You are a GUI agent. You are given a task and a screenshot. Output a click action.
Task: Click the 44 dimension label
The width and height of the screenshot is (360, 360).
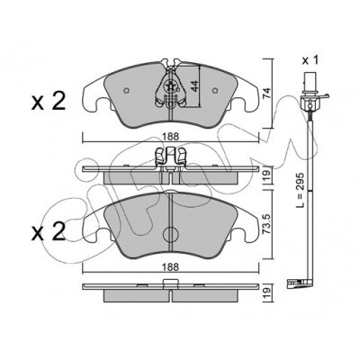pyautogui.click(x=194, y=86)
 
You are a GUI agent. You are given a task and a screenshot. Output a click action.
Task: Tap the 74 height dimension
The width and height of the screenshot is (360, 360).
pyautogui.click(x=266, y=94)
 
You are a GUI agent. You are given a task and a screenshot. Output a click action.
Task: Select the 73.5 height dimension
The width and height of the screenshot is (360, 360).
pyautogui.click(x=266, y=224)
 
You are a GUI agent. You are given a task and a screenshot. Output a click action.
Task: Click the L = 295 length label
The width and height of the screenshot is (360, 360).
pyautogui.click(x=301, y=190)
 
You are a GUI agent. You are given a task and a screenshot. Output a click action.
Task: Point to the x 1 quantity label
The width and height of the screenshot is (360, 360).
pyautogui.click(x=310, y=60)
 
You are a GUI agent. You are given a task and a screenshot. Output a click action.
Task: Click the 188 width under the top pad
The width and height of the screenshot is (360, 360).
pyautogui.click(x=171, y=137)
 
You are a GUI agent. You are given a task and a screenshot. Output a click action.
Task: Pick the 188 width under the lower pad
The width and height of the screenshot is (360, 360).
pyautogui.click(x=171, y=266)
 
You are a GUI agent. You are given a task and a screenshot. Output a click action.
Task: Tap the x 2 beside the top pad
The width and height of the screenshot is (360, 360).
pyautogui.click(x=49, y=102)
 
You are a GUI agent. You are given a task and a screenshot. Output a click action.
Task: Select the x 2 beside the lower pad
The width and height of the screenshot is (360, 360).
pyautogui.click(x=49, y=232)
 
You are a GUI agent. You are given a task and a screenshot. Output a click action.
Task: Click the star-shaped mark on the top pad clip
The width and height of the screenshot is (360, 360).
pyautogui.click(x=170, y=86)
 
